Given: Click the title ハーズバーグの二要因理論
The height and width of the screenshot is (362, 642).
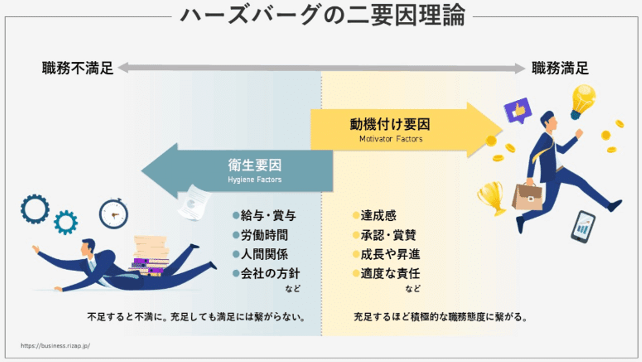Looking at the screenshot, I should coord(322,15).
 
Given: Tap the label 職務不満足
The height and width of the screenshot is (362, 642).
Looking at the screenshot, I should coord(78,68).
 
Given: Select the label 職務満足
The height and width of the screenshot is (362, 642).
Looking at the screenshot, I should coord(560,68).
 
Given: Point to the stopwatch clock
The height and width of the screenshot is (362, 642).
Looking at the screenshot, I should coord(113,214).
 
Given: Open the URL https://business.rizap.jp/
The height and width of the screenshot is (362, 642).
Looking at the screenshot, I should coord(56,346).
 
